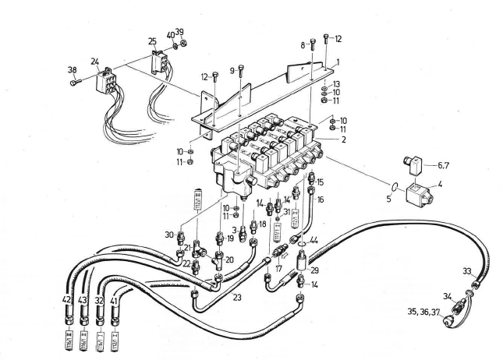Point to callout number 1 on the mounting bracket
click(x=337, y=61)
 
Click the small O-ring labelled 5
click(x=396, y=186)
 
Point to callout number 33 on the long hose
click(x=466, y=271)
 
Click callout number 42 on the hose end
click(x=68, y=299)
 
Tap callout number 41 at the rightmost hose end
click(x=115, y=299)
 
